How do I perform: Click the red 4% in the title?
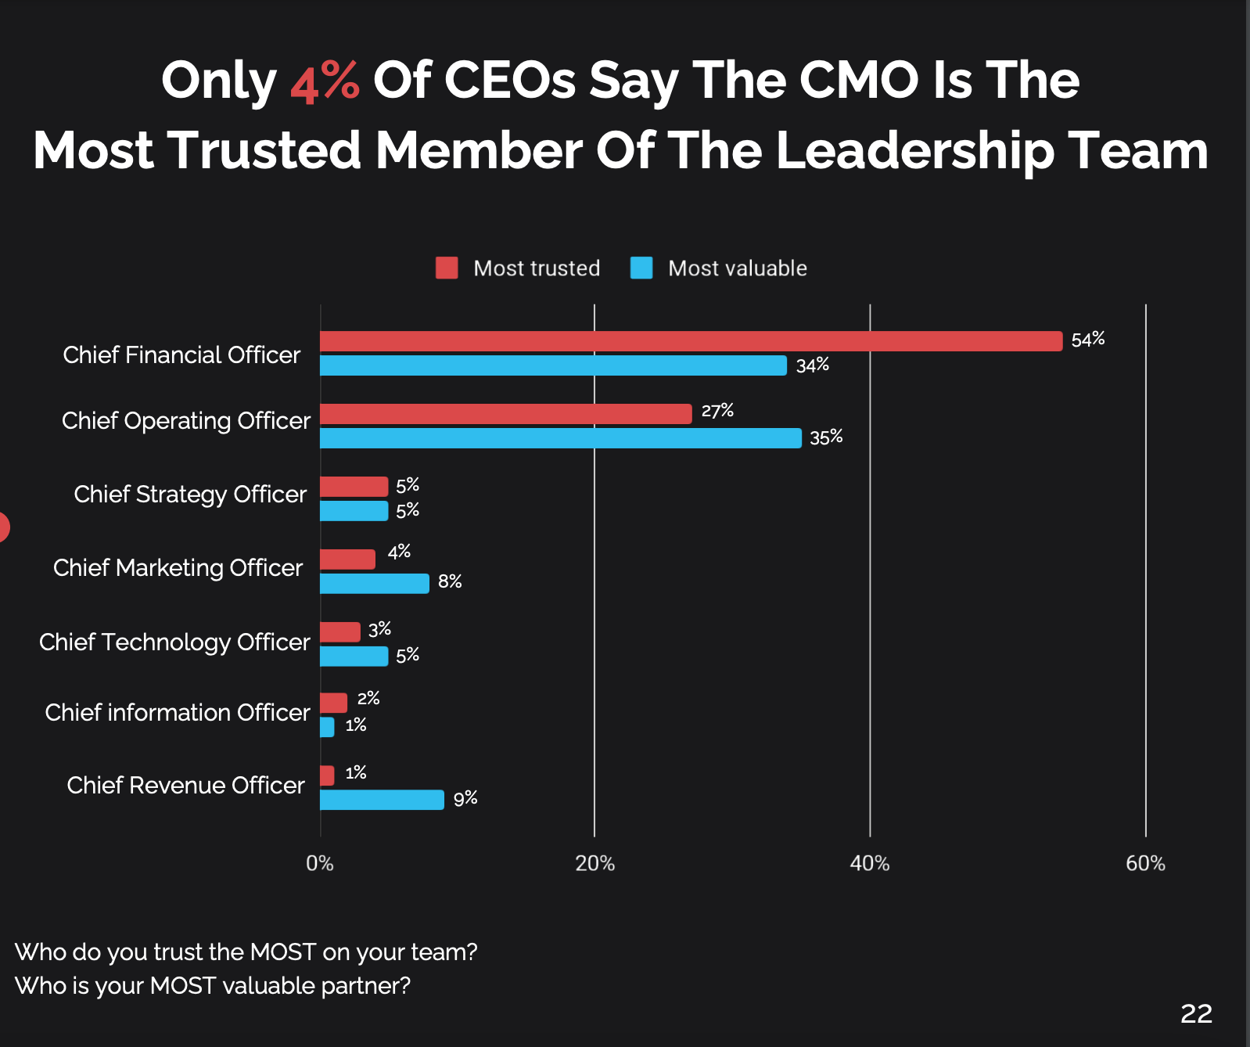click(325, 81)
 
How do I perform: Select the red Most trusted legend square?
click(447, 268)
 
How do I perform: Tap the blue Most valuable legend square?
click(641, 268)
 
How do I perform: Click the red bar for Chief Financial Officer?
click(691, 341)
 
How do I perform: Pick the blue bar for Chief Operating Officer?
click(560, 438)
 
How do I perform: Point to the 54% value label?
click(1087, 340)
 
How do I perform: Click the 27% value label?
click(717, 411)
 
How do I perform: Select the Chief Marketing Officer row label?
click(178, 567)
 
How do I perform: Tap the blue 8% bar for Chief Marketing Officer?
click(374, 584)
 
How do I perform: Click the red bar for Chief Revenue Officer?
click(327, 775)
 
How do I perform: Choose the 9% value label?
click(465, 798)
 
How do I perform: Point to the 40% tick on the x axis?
click(869, 863)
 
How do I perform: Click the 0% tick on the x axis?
click(319, 863)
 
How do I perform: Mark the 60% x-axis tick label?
click(1145, 863)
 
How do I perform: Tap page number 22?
click(1196, 1013)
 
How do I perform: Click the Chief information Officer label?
click(178, 712)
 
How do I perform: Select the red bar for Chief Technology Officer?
click(339, 632)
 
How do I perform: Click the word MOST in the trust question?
click(282, 952)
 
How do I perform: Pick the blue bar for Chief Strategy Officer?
click(354, 511)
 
